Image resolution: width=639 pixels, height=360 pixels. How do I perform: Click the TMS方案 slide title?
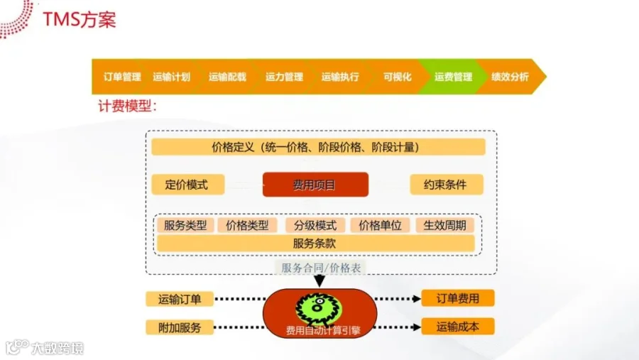click(x=79, y=19)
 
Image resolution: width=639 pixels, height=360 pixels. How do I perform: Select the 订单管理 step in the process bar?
click(x=121, y=77)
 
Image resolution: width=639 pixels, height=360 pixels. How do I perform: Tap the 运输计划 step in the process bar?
click(x=171, y=77)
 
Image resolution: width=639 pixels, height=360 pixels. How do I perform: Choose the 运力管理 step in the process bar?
click(x=284, y=77)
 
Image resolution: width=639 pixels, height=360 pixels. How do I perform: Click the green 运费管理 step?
click(x=453, y=77)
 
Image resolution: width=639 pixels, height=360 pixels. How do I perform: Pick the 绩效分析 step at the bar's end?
click(x=510, y=77)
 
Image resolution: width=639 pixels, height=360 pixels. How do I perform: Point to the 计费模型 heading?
click(x=127, y=107)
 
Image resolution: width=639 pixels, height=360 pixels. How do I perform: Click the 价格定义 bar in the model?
click(x=318, y=148)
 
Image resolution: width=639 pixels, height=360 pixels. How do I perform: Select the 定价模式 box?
click(x=187, y=185)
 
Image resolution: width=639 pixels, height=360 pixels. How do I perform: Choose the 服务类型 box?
click(x=185, y=225)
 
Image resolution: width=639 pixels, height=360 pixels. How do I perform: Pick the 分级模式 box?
click(x=315, y=225)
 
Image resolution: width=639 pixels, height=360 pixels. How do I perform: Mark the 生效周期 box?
click(x=444, y=225)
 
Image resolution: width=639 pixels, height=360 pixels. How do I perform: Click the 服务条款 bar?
click(x=315, y=243)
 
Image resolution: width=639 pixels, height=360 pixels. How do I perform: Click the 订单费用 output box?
click(x=457, y=299)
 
